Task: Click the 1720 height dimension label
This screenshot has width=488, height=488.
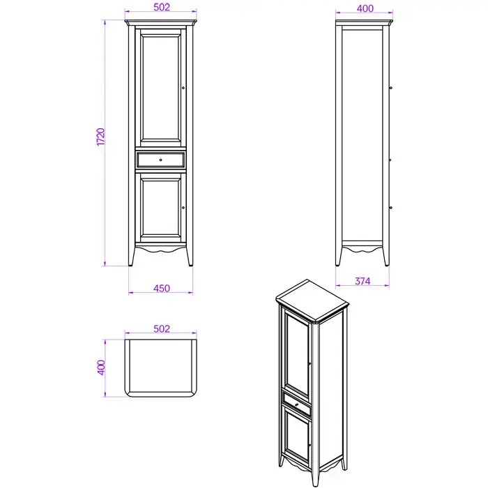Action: [101, 137]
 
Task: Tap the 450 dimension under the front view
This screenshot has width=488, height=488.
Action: [162, 289]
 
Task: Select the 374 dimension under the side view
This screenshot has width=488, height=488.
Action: [363, 282]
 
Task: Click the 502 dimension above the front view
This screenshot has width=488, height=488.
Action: [162, 7]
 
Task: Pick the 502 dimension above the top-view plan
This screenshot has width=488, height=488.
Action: [162, 329]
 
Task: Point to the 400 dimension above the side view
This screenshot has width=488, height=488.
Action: [365, 8]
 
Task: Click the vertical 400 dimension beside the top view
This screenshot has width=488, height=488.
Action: [102, 367]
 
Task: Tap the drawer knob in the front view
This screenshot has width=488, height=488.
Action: [160, 160]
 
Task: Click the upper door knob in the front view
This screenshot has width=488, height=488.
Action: [183, 88]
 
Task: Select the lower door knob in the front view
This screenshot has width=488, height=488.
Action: [183, 208]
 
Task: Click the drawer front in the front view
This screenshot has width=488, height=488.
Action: [160, 160]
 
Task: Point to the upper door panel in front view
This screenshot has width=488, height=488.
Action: [160, 88]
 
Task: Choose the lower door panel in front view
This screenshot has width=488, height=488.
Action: [160, 208]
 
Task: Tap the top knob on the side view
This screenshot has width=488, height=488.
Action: [390, 88]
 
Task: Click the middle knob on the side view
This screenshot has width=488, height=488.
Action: [390, 160]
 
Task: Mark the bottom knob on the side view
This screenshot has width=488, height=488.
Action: [390, 208]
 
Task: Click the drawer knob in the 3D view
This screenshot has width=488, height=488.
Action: [296, 405]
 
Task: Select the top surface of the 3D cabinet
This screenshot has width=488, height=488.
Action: [312, 300]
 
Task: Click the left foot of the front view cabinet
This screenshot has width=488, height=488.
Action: [131, 257]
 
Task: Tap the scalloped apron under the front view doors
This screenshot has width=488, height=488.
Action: [160, 249]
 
